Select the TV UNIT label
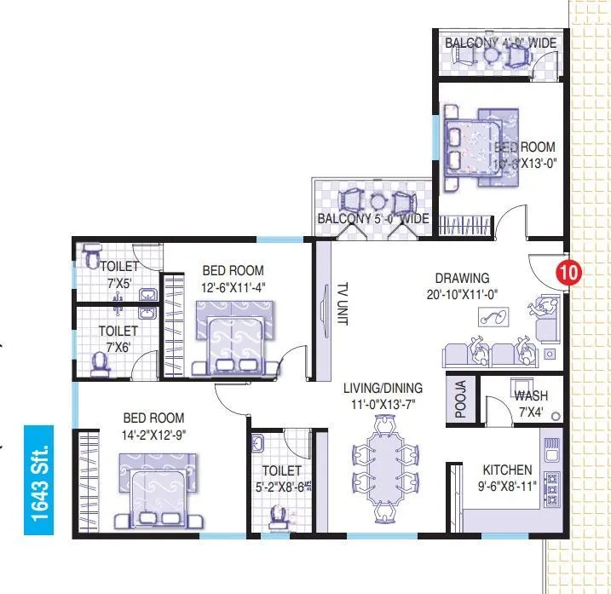click(342, 303)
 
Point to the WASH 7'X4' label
click(530, 402)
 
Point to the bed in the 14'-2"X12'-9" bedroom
click(157, 490)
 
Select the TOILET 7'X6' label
click(118, 337)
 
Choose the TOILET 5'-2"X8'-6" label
click(282, 478)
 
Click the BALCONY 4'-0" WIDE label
click(500, 42)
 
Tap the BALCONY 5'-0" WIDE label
click(372, 219)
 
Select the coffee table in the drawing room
click(493, 319)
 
